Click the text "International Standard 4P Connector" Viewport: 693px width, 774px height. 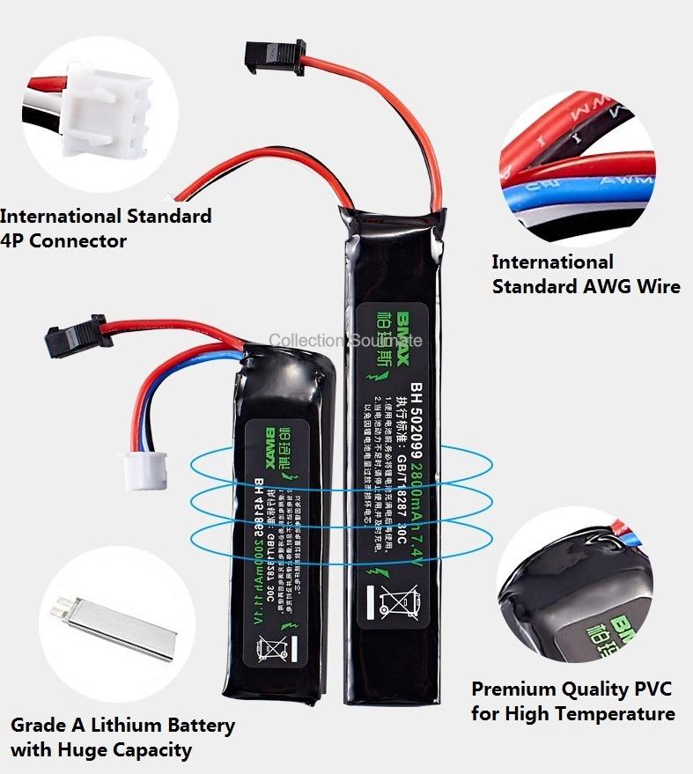106,228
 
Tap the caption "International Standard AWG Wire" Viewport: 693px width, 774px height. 586,274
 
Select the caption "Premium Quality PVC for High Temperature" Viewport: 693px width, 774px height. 573,701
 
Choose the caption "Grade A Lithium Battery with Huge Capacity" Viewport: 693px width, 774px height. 122,738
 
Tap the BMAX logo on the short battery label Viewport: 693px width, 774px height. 272,445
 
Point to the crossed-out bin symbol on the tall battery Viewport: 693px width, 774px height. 394,604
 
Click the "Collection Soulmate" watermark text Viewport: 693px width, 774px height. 345,341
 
